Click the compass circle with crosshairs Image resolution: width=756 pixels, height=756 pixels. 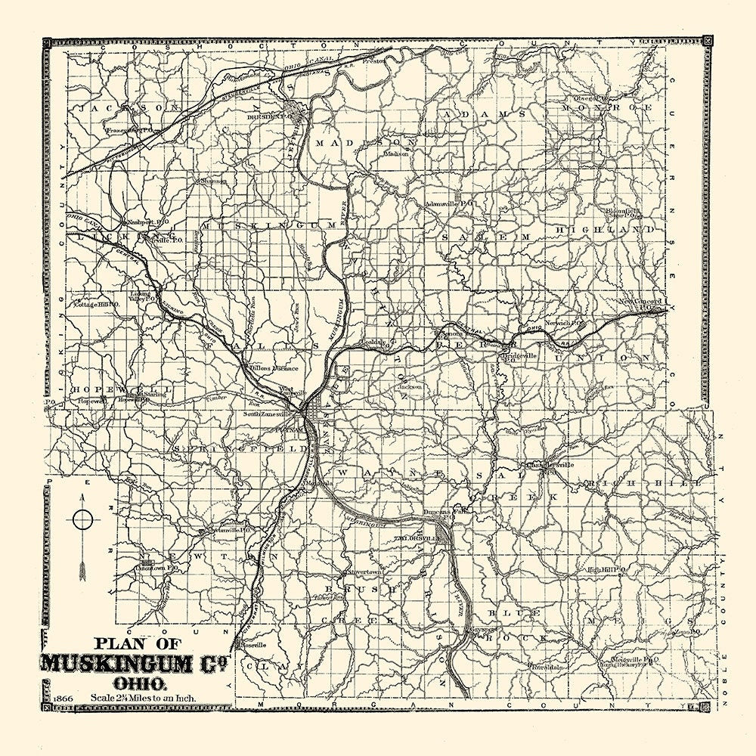click(83, 519)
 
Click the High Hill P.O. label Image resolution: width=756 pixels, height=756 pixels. click(606, 569)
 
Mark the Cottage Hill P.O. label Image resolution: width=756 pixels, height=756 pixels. click(96, 304)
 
